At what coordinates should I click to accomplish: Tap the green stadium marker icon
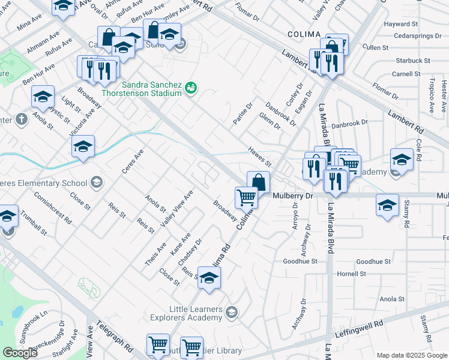click(191, 88)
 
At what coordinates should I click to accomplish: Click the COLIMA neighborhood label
click(303, 35)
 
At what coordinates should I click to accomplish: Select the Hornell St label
click(351, 274)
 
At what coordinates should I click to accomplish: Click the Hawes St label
click(260, 157)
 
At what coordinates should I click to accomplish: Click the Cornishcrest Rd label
click(53, 208)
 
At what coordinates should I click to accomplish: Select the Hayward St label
click(401, 24)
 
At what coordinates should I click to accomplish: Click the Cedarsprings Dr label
click(409, 36)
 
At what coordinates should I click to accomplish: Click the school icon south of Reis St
click(209, 278)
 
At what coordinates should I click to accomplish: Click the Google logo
click(20, 353)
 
